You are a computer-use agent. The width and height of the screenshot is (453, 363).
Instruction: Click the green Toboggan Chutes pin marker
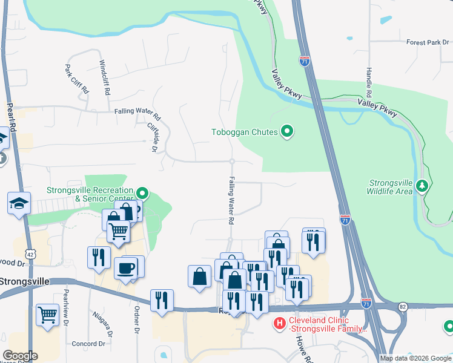pyautogui.click(x=288, y=131)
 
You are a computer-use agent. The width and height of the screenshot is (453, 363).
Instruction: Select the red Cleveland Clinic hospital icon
pyautogui.click(x=279, y=324)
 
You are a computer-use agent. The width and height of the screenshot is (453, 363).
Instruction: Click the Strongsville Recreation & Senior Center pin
pyautogui.click(x=143, y=193)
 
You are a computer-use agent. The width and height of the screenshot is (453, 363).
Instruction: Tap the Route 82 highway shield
pyautogui.click(x=403, y=307)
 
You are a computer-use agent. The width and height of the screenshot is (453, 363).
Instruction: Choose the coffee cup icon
pyautogui.click(x=126, y=269)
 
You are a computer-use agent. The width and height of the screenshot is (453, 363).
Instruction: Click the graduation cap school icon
pyautogui.click(x=19, y=203)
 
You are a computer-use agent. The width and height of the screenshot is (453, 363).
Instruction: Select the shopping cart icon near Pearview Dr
pyautogui.click(x=48, y=315)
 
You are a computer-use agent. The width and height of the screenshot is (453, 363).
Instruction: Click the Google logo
pyautogui.click(x=20, y=356)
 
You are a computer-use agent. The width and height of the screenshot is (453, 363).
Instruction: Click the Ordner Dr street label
pyautogui.click(x=136, y=318)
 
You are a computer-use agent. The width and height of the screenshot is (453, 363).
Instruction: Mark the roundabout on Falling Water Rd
pyautogui.click(x=231, y=161)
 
